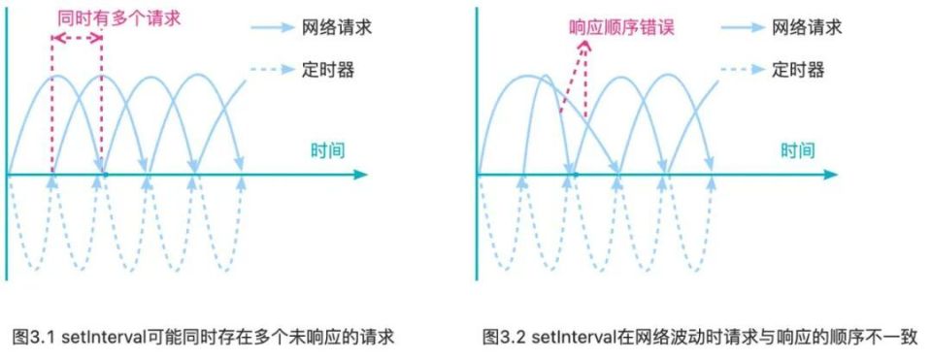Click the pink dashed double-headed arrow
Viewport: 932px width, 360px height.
pyautogui.click(x=77, y=38)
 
